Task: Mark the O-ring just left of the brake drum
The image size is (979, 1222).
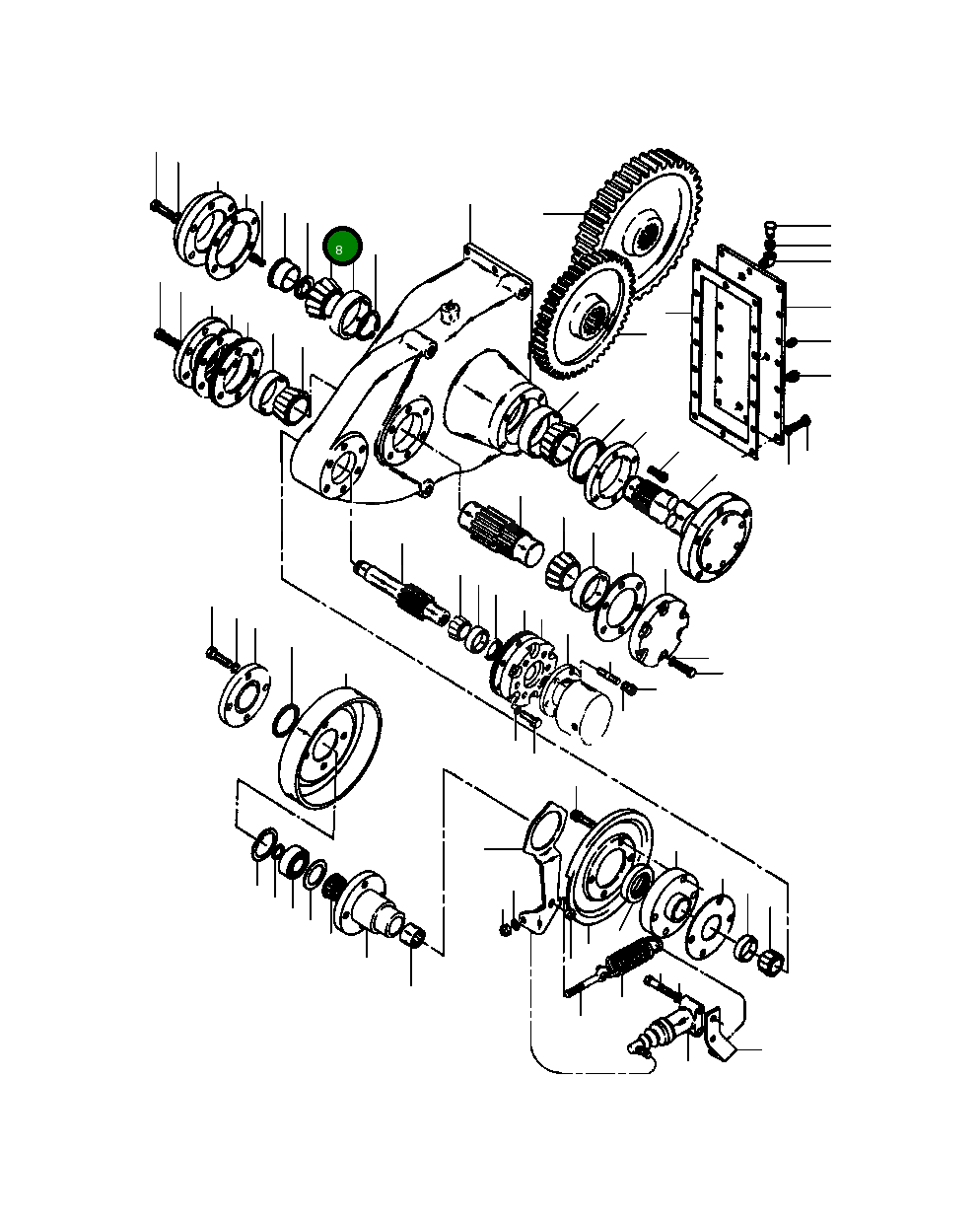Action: (284, 721)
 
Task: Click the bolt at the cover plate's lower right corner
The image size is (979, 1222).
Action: (799, 426)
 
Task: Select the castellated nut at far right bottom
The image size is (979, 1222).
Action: (773, 960)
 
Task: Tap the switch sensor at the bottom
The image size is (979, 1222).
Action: (652, 1035)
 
